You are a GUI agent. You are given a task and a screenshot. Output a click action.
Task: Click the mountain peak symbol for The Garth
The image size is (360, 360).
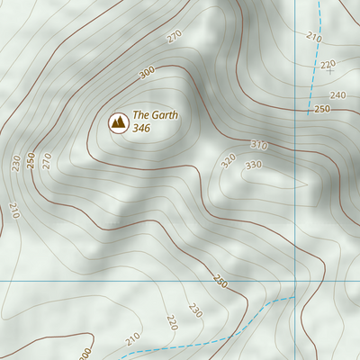click(x=117, y=121)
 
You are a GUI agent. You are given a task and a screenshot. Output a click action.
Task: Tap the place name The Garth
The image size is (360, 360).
click(x=156, y=115)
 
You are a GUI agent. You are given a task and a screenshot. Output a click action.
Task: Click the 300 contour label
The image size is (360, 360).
click(x=147, y=73)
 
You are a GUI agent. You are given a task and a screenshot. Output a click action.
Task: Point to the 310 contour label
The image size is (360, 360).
click(x=259, y=145)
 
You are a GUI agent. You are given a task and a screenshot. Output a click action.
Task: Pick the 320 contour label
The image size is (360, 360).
click(x=229, y=160)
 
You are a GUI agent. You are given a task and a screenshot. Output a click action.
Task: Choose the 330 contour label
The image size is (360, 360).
click(x=253, y=165)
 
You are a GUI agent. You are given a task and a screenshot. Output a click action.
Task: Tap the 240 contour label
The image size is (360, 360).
click(x=337, y=95)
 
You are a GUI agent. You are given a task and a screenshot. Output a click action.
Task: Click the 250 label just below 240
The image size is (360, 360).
click(x=322, y=109)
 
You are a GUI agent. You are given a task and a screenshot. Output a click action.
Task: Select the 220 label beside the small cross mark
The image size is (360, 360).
click(x=328, y=64)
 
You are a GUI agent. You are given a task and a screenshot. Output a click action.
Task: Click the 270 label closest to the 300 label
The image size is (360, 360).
click(x=175, y=38)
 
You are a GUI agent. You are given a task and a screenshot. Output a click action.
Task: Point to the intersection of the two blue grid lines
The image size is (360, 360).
click(x=294, y=282)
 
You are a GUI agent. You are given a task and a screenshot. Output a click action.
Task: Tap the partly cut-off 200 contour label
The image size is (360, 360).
click(x=85, y=353)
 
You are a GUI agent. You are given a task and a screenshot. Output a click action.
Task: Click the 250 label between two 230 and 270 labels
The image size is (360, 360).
click(x=31, y=159)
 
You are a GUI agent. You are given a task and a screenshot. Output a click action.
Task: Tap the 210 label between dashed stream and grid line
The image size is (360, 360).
click(x=313, y=37)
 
